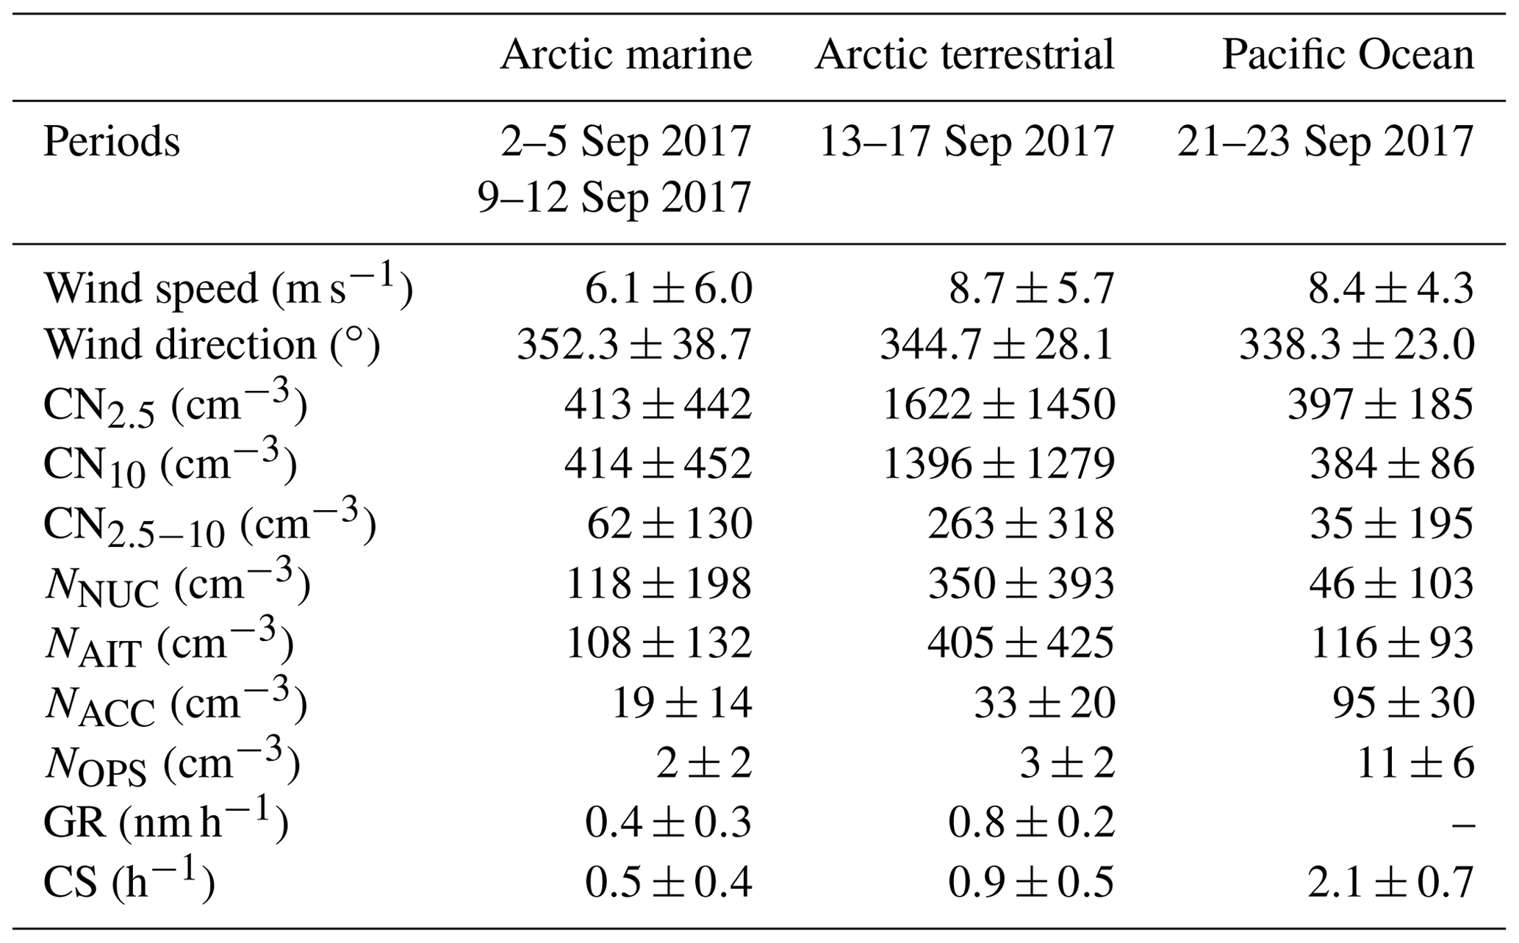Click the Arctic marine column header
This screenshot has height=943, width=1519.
pos(626,55)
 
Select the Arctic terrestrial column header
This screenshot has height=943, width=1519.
pos(964,55)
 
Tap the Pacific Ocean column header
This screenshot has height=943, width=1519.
pos(1348,55)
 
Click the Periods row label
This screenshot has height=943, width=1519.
pos(112,141)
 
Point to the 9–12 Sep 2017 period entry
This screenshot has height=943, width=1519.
pos(614,197)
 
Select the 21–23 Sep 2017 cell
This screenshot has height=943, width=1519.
pos(1326,141)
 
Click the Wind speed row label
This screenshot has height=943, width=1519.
pos(228,288)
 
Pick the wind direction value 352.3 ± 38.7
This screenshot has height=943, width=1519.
pos(634,345)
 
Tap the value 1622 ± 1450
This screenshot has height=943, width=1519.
pos(998,405)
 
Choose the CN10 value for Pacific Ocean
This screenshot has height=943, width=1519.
pos(1392,465)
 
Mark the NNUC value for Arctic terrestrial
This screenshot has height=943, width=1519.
pos(1021,584)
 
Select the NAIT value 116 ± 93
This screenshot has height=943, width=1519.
pos(1390,644)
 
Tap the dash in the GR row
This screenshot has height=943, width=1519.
pos(1463,824)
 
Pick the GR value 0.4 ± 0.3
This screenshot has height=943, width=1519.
pos(668,823)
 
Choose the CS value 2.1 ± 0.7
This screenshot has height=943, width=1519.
pos(1390,883)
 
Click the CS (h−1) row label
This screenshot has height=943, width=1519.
pos(129,883)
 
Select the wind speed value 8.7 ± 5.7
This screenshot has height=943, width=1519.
pos(1031,288)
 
